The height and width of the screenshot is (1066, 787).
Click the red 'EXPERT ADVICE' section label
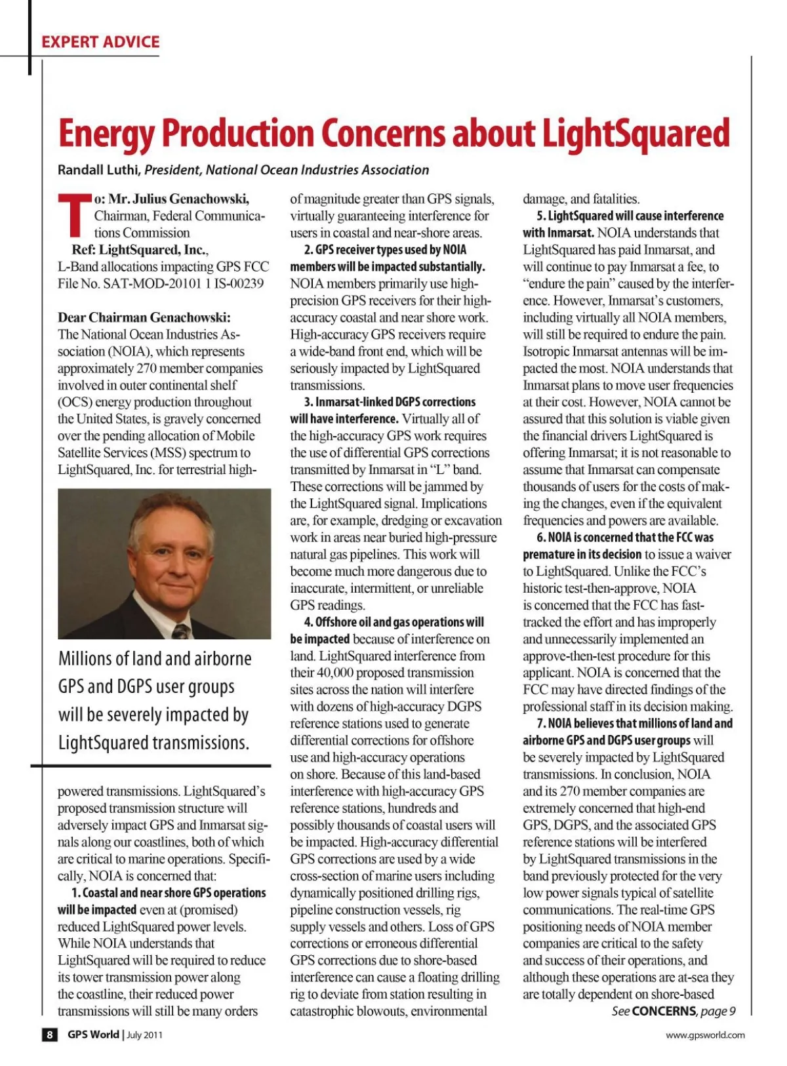coord(100,42)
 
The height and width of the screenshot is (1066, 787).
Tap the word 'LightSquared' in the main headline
coord(635,134)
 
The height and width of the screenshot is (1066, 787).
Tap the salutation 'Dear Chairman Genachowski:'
coord(144,317)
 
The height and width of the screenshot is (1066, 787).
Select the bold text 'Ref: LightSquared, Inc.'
coord(139,250)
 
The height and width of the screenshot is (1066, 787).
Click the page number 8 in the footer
coord(50,1035)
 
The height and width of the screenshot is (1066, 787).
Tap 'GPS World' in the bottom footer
coord(93,1035)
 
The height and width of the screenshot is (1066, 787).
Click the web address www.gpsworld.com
coord(705,1035)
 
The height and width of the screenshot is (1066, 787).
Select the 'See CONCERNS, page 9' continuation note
coord(674,1011)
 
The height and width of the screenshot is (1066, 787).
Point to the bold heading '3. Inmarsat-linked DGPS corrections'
coord(390,402)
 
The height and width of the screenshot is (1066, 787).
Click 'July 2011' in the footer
coord(144,1035)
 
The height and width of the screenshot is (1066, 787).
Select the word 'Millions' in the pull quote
coord(85,658)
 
